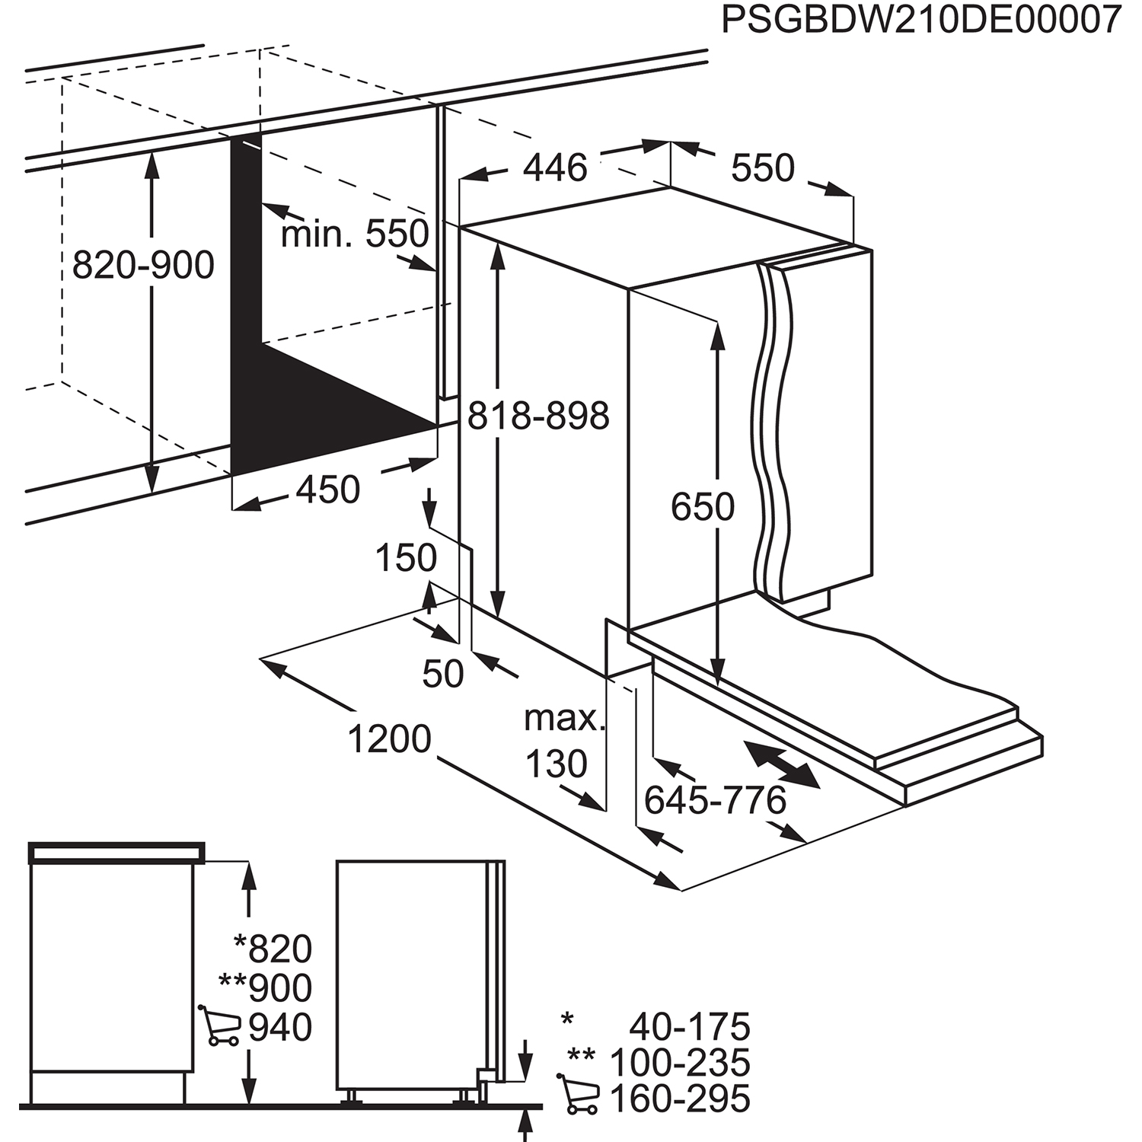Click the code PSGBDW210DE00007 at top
(921, 21)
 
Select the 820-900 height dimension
(143, 266)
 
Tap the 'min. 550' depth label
(355, 234)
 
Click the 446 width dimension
(555, 167)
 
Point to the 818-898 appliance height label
(538, 416)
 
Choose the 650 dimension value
(702, 506)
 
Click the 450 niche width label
(327, 490)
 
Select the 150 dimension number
(406, 558)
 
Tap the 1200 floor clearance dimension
(389, 738)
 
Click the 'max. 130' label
(562, 741)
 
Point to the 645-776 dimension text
(715, 800)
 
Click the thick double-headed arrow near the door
(783, 764)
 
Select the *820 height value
(273, 949)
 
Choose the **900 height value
(265, 988)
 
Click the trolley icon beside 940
(219, 1026)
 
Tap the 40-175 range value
(689, 1027)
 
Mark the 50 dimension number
(442, 674)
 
